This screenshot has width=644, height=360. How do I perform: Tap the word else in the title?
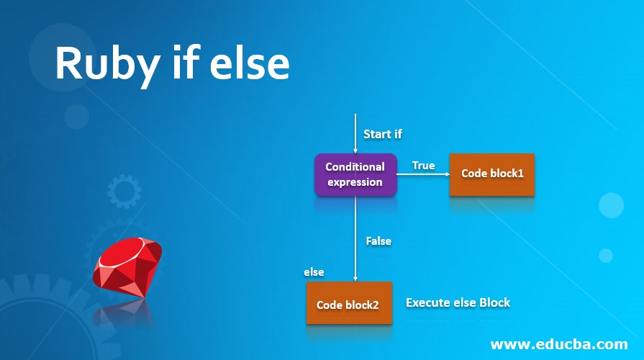pos(250,63)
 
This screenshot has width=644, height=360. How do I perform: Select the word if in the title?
pos(185,62)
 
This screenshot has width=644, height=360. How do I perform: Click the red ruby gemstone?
pos(127,267)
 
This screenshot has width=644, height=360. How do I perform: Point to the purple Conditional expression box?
pos(355,174)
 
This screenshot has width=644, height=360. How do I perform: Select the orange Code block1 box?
pos(492,174)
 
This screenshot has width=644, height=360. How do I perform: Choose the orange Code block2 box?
pos(349,303)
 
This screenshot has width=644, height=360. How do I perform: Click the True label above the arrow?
pos(423,166)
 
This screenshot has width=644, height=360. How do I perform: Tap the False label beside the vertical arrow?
pos(378,240)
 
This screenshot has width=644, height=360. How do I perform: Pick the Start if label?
pos(383,134)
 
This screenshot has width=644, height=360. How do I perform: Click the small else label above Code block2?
pos(314,272)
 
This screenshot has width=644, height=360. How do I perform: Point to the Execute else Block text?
pos(458,302)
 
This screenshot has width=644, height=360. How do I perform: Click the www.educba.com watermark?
pos(559,344)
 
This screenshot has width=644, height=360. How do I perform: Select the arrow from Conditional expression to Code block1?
pos(423,174)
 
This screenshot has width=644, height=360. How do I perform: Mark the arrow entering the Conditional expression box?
pos(355,134)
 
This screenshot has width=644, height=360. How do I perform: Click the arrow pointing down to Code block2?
pos(355,238)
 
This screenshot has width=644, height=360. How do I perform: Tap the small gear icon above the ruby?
pos(124,191)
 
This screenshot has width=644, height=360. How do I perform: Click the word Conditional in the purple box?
pos(355,167)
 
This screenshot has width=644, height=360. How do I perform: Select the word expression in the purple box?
pos(355,182)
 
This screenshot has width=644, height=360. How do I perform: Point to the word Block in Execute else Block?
pos(495,302)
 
